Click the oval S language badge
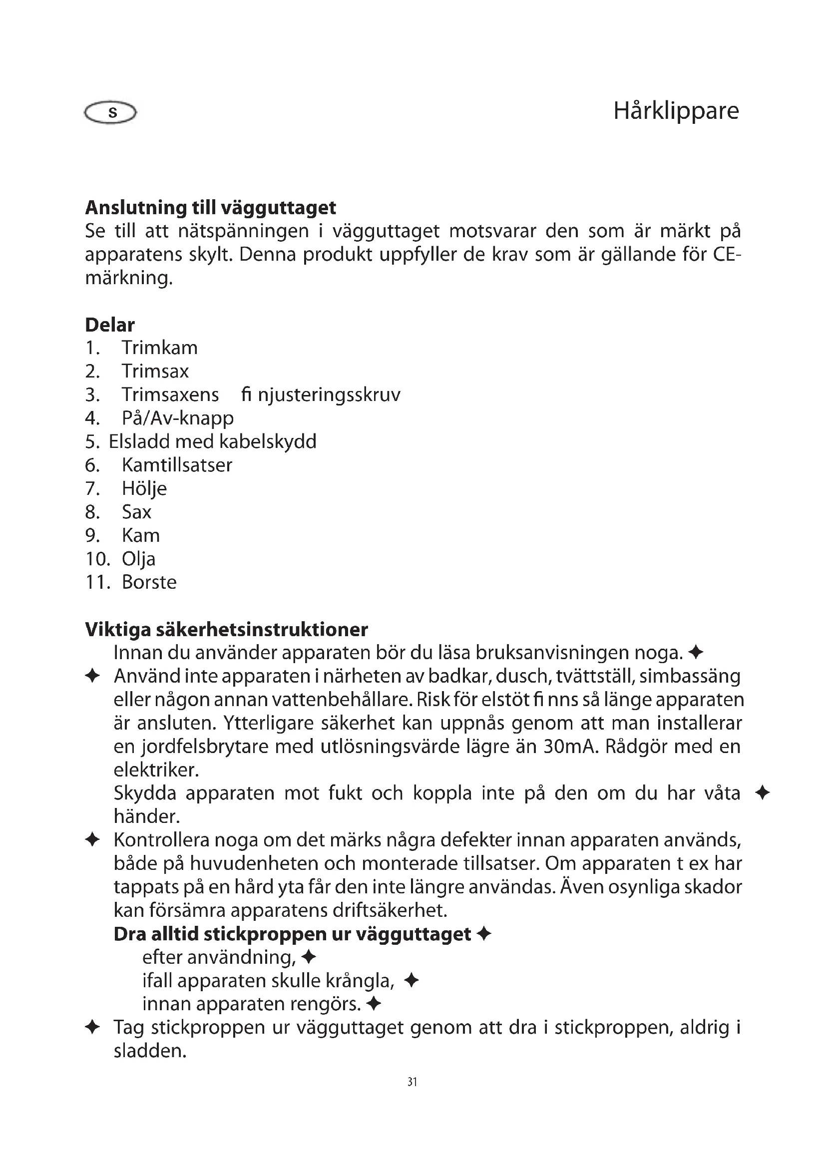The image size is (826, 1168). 110,112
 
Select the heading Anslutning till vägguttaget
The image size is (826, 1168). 211,208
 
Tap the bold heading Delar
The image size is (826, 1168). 110,325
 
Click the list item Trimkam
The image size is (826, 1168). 159,348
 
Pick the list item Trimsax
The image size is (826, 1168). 155,372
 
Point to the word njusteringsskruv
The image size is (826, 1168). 329,395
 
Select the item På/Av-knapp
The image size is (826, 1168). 177,418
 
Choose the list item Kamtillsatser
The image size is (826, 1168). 176,465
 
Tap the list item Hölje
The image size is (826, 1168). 144,488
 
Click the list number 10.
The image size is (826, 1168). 97,559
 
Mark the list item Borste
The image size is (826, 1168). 149,582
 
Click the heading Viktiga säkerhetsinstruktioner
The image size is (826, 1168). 226,630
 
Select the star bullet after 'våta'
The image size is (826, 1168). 762,793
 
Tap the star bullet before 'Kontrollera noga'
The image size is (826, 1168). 92,840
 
